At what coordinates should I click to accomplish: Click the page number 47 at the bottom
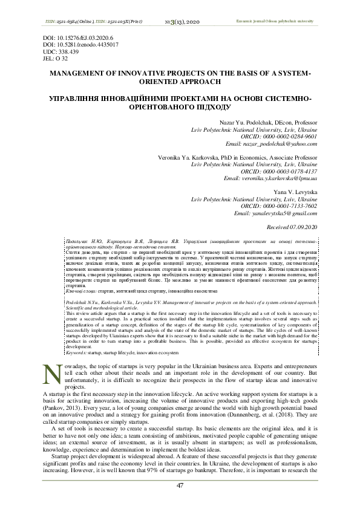[x=180, y=485]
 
